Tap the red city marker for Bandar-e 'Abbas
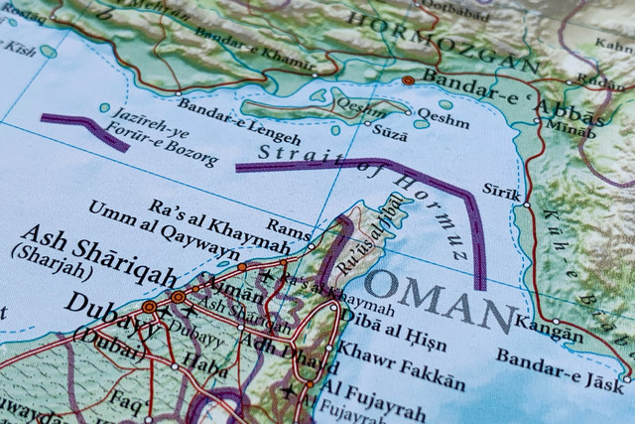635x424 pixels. tap(408, 79)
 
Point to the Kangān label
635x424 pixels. tap(552, 333)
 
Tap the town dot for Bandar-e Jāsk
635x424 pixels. tap(626, 378)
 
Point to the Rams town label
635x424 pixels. tap(290, 229)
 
